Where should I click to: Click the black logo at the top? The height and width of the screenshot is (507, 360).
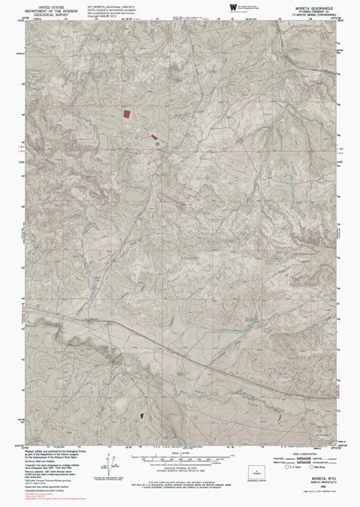tap(232, 7)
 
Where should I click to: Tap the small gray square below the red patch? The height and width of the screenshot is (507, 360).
tap(157, 144)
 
